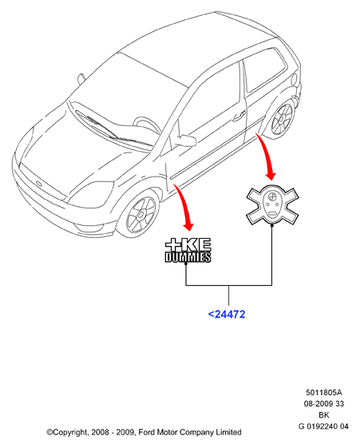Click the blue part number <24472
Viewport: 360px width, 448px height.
click(227, 315)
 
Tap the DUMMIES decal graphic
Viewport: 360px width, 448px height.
click(188, 250)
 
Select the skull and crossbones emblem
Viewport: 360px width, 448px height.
click(272, 205)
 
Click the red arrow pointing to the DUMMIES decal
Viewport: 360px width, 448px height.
click(184, 206)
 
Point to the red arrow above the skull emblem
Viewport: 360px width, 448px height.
click(267, 156)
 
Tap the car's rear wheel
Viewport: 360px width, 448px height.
click(282, 119)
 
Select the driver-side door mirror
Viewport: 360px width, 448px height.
click(185, 140)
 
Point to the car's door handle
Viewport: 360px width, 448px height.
click(239, 116)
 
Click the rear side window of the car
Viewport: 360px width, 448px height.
click(265, 70)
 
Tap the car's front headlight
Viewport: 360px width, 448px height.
click(91, 195)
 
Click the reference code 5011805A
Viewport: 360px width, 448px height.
click(324, 393)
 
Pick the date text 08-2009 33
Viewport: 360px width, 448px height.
click(324, 404)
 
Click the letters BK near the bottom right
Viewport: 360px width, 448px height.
click(324, 414)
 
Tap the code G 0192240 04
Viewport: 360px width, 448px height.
click(323, 426)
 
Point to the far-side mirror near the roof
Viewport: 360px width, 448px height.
click(81, 79)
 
